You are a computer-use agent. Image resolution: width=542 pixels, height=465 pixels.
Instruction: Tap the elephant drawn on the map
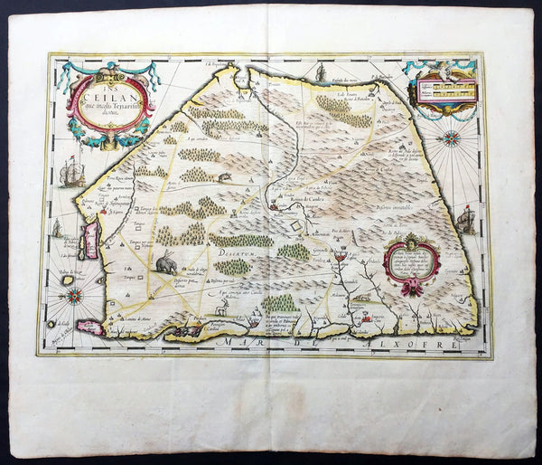pos(167,263)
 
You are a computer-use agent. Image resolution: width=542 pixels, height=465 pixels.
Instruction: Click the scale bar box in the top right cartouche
pos(443,89)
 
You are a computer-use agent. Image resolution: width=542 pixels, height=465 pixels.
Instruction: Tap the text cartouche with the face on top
pos(411,260)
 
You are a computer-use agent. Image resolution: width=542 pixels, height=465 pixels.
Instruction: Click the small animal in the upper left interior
pos(224,176)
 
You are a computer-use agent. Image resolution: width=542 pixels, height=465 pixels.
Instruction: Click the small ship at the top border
pos(321,71)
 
